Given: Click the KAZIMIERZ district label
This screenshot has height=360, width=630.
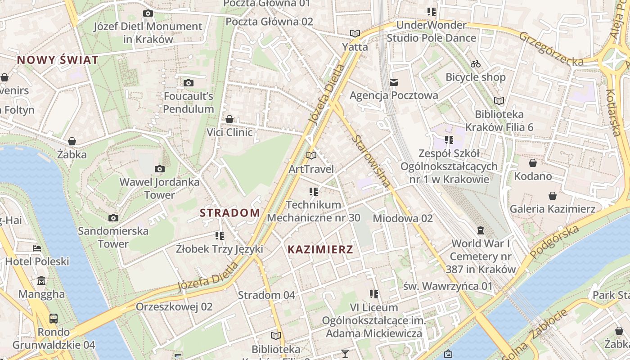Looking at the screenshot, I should click(320, 249).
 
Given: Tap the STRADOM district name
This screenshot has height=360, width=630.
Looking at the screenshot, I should click(229, 213).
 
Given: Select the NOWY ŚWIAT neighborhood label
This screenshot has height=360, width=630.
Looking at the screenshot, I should click(58, 60).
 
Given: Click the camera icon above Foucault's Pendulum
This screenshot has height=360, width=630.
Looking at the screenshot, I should click(189, 83).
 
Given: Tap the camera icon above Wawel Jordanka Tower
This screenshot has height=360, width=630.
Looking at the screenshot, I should click(159, 169).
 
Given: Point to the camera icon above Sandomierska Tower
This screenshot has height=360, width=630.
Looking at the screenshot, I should click(113, 218).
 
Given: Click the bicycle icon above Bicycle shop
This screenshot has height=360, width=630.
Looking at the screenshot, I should click(476, 64).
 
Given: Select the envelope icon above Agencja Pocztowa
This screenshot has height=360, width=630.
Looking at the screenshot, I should click(394, 82).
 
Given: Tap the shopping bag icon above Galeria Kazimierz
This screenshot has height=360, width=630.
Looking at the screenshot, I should click(552, 196).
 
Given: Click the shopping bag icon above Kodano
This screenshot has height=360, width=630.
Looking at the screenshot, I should click(533, 163).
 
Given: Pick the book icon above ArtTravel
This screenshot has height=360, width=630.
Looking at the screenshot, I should click(311, 156).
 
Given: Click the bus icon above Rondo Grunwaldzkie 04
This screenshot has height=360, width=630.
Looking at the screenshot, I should click(54, 319).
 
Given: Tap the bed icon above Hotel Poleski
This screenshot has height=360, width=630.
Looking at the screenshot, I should click(37, 248).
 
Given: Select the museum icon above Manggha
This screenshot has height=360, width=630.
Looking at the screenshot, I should click(41, 281).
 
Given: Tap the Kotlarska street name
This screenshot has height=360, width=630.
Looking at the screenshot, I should click(613, 112).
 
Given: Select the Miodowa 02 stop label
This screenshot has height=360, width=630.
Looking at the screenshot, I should click(403, 218).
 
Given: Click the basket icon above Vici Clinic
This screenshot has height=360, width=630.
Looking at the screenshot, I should click(229, 119).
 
